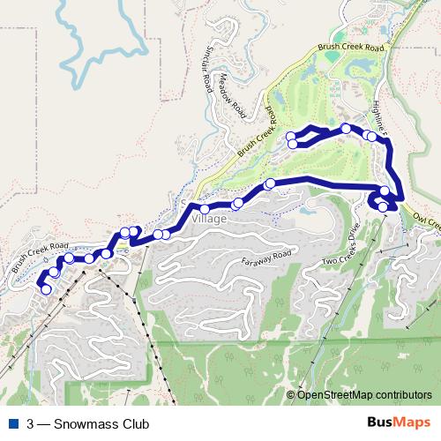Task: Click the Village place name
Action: [x=214, y=220]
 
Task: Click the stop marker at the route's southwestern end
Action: [x=46, y=289]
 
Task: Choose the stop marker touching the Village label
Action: [x=205, y=209]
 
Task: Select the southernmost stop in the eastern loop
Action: [x=382, y=207]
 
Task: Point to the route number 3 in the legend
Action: [x=31, y=424]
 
